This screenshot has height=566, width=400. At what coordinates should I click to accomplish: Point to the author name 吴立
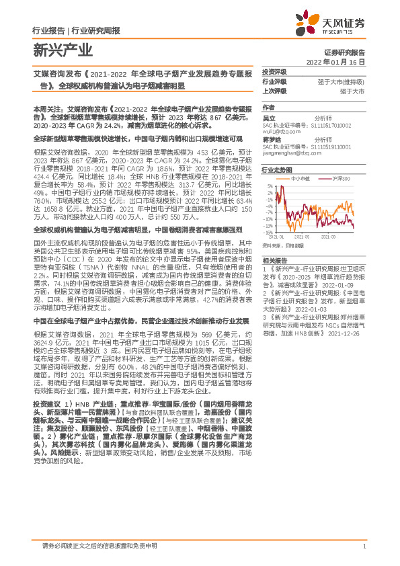[269, 118]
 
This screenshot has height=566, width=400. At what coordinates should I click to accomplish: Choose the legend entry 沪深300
[342, 179]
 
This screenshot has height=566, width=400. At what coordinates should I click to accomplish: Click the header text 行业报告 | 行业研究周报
[76, 30]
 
